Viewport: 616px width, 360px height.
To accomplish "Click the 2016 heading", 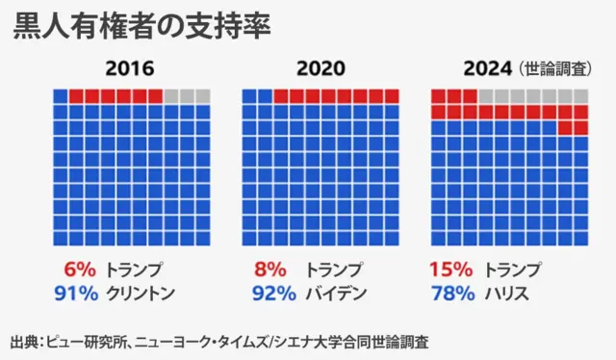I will (130, 70).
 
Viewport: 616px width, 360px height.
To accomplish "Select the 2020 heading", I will (320, 70).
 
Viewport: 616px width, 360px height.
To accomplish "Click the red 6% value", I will (78, 270).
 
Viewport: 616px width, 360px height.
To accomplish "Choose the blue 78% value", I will (450, 293).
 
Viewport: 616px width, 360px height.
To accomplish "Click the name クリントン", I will (141, 293).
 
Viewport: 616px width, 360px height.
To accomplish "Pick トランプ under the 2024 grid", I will (516, 270).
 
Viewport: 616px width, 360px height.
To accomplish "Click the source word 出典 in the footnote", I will (24, 341).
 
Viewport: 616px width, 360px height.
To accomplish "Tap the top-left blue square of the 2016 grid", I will (60, 95).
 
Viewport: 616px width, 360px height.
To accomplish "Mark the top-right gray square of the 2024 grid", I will (581, 95).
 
